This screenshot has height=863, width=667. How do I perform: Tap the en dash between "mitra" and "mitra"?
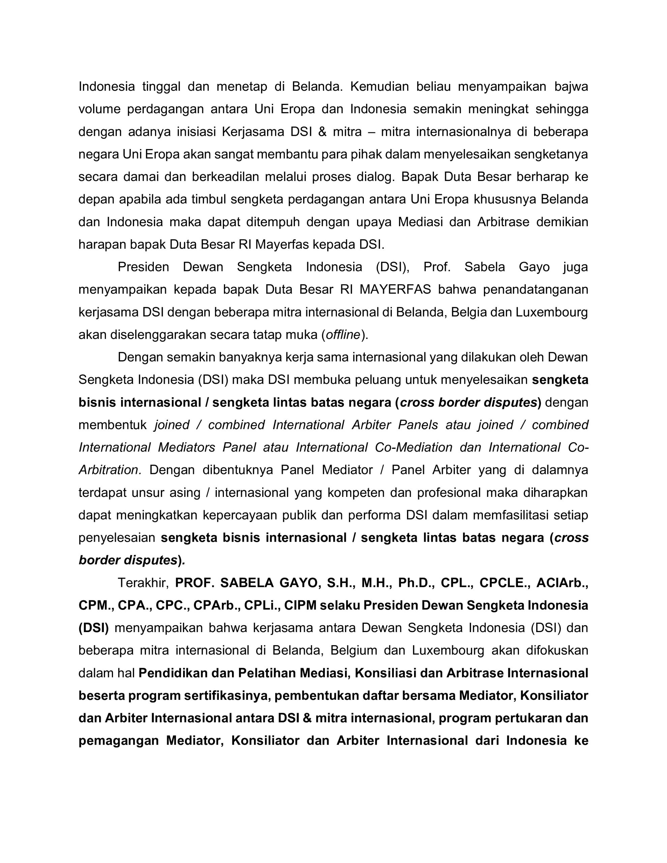click(371, 131)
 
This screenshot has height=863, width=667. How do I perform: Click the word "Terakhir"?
click(143, 583)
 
